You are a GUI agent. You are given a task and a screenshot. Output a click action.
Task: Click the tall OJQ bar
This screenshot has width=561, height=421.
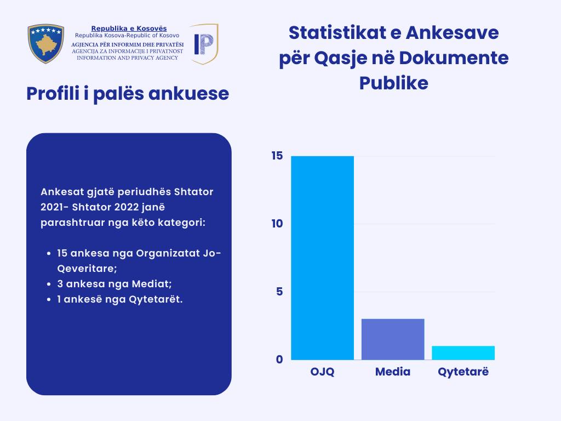(x=322, y=258)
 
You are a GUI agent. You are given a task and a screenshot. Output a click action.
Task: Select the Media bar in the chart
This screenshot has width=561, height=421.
(x=393, y=339)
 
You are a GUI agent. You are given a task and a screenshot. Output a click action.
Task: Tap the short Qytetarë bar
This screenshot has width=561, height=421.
(x=463, y=352)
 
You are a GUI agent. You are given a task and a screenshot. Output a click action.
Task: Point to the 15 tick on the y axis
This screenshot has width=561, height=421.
(x=277, y=156)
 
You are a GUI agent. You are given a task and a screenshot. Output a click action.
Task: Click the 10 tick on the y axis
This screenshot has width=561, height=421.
(x=277, y=224)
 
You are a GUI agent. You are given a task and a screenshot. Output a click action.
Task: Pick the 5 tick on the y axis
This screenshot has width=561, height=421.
(x=279, y=292)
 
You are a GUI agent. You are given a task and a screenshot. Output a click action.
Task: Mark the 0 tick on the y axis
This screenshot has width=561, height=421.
(x=279, y=360)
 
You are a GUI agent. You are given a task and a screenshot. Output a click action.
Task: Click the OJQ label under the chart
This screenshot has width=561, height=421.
(x=322, y=372)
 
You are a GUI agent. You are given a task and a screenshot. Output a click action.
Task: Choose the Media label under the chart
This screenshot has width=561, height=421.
(x=393, y=372)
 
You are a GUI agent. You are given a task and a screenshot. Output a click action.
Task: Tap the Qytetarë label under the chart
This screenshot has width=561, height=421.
(x=463, y=372)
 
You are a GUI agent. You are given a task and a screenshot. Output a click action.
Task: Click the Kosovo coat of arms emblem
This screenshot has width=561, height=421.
(x=46, y=43)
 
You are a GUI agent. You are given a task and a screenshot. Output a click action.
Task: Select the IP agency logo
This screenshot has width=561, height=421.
(x=204, y=43)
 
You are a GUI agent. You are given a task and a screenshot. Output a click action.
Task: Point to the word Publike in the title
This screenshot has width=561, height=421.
(x=393, y=83)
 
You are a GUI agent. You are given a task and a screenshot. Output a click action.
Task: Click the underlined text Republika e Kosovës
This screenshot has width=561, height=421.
(x=129, y=29)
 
